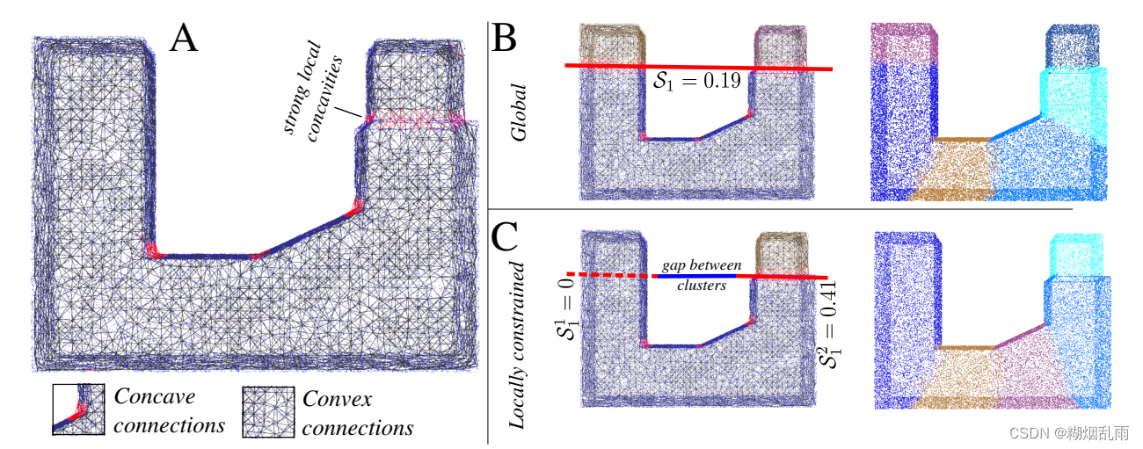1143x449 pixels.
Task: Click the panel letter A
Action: [x=183, y=39]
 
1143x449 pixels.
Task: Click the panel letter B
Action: [x=507, y=39]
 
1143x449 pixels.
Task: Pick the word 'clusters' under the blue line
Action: [x=702, y=286]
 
